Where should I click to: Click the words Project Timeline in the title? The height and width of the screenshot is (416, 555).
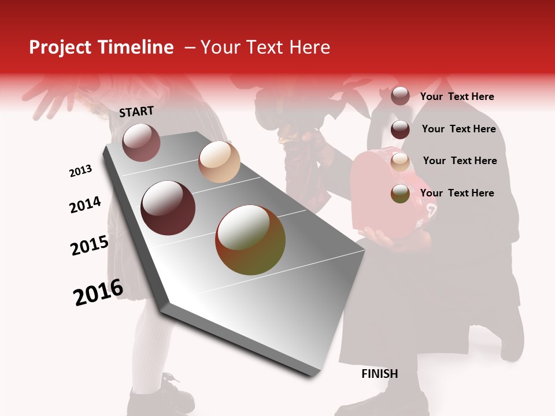coord(101,47)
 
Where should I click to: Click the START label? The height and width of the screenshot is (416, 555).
coord(136,112)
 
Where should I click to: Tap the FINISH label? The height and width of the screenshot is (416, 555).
coord(380,374)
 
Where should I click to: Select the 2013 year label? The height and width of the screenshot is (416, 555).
coord(81,171)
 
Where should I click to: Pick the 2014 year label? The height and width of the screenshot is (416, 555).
coord(85,205)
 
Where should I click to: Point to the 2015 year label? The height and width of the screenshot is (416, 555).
coord(90,246)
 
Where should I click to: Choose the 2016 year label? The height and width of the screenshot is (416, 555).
coord(98,292)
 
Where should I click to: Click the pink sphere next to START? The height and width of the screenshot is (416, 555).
coord(141,142)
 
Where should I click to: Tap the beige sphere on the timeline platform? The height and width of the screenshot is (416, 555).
coord(219,162)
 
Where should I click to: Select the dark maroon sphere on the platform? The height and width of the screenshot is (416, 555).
coord(168,207)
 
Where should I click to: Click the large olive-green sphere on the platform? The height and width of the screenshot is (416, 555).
coord(250,240)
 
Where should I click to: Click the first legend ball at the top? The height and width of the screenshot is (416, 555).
coord(400,96)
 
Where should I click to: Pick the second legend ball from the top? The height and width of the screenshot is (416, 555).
coord(400,129)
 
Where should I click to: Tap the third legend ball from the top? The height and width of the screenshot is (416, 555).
coord(400,161)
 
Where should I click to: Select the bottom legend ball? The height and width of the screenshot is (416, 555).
coord(400,194)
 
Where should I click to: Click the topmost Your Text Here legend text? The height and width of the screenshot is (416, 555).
coord(457,96)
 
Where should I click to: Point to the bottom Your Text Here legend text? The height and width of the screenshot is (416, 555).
coord(457,193)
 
